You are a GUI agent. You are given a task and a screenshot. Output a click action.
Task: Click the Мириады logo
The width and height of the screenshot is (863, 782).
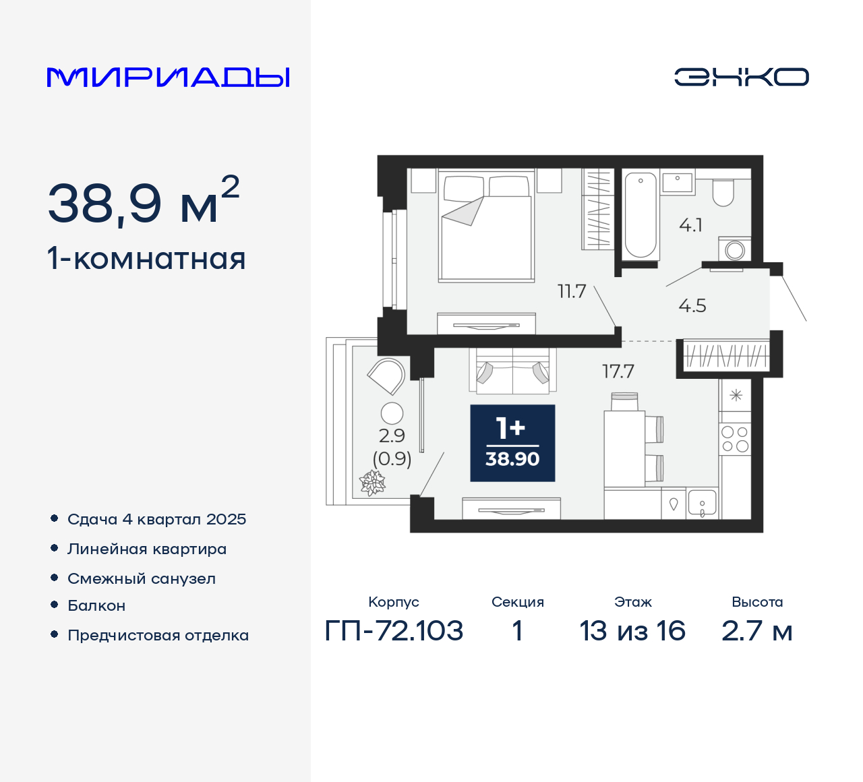coord(168,78)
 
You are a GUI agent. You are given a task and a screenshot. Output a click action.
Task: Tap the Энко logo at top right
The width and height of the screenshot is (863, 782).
coord(741,77)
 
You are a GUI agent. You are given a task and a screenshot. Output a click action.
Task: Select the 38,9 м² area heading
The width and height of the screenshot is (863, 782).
coord(144,202)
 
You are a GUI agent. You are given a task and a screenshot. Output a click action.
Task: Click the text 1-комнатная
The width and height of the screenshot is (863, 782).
coord(146,259)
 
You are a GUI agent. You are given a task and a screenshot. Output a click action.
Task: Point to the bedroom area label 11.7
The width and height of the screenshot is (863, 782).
coord(572,291)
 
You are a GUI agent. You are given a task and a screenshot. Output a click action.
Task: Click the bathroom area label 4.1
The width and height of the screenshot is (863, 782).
coord(690,225)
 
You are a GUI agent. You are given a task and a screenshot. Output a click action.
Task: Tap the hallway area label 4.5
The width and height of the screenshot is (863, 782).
coord(692,306)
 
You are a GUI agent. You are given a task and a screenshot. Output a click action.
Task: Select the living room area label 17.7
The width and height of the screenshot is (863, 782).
coord(618,371)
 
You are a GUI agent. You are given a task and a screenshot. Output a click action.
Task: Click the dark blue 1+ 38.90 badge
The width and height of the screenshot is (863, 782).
coord(512,443)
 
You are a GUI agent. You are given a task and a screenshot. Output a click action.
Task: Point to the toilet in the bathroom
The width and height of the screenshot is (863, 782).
coord(723,193)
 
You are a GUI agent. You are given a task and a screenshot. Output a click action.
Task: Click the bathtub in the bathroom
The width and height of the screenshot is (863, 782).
coord(640,215)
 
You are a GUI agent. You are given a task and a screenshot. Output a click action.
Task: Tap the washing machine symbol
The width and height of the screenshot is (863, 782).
coord(735,250)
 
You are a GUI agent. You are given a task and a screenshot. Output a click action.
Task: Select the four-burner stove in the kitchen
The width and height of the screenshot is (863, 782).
coord(735,439)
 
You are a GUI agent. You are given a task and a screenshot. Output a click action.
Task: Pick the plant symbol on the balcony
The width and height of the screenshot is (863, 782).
coord(372,483)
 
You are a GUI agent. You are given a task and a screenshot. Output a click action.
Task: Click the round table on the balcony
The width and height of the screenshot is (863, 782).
coord(392,413)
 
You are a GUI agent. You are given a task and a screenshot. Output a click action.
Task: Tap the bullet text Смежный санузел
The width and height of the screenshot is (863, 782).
coord(142,578)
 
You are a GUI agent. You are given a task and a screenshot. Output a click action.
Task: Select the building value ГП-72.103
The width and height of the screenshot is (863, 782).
coord(394,631)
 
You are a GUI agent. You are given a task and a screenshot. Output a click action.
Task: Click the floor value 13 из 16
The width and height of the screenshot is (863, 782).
coord(632,631)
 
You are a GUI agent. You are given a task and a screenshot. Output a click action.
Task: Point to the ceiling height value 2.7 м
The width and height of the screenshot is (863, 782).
coord(756,631)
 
